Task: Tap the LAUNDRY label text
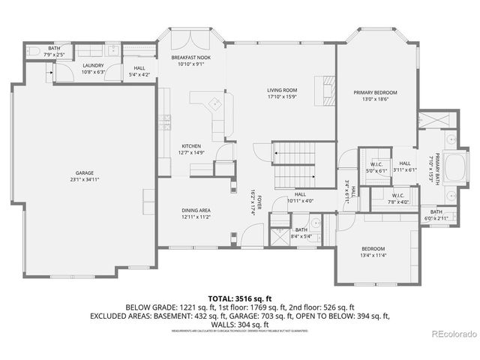click(93, 65)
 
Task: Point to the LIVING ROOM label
click(282, 90)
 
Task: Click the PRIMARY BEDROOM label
click(375, 92)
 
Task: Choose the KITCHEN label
click(191, 145)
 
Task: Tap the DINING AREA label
click(196, 211)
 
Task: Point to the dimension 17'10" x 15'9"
click(282, 97)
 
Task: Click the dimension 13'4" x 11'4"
click(373, 255)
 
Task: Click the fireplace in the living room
click(328, 89)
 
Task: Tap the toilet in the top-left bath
click(33, 52)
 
